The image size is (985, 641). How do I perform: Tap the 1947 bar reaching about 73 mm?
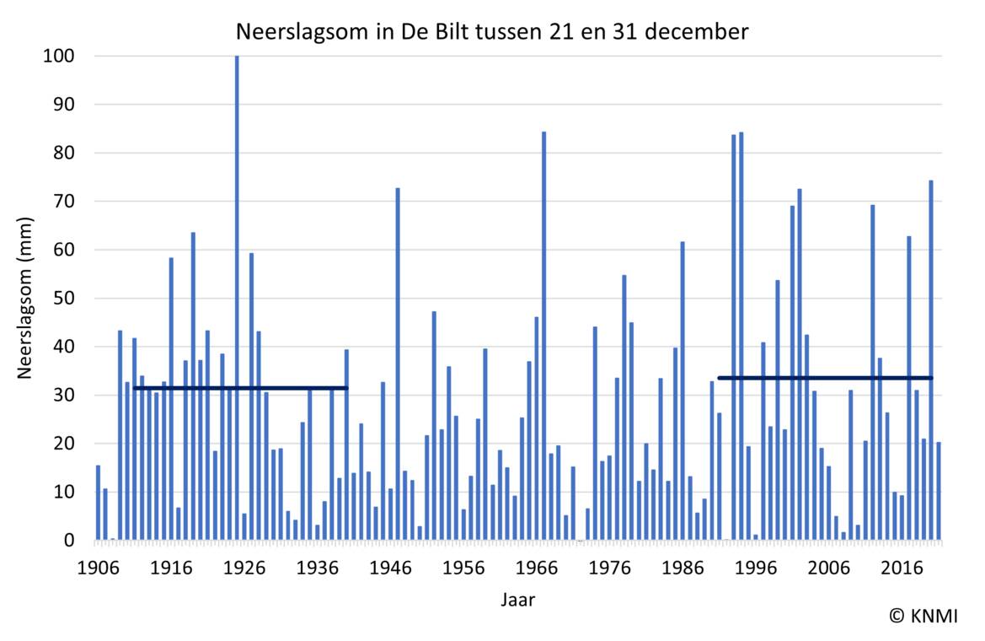[x=398, y=364]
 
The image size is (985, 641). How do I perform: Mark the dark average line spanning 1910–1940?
[x=240, y=388]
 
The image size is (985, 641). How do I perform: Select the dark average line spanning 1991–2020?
[x=825, y=378]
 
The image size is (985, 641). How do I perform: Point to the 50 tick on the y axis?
[x=63, y=299]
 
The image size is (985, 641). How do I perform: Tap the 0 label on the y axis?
[x=69, y=541]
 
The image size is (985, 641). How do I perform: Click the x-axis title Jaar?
[x=517, y=601]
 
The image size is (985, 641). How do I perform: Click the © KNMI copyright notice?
[x=923, y=617]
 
